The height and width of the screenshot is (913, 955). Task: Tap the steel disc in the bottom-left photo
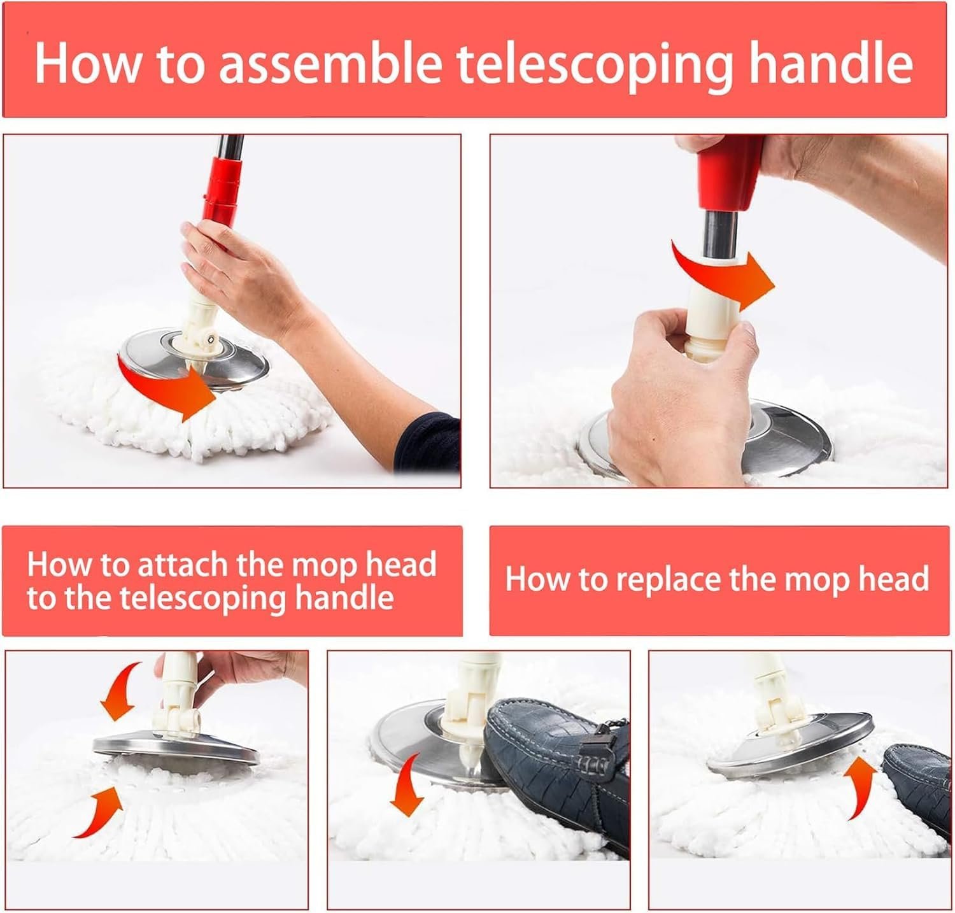(x=176, y=755)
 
